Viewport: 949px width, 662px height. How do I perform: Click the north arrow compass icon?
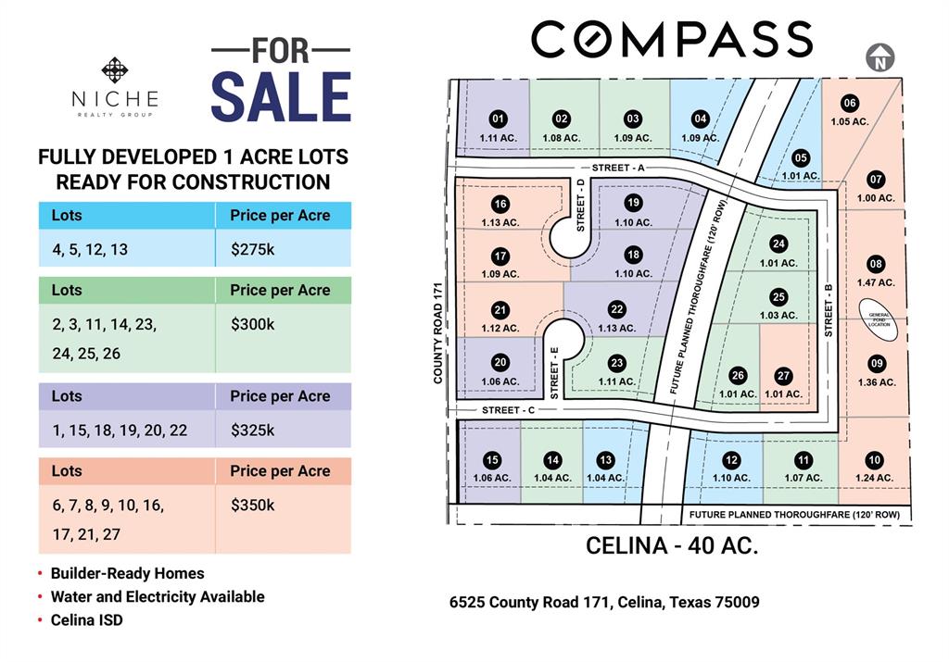879,57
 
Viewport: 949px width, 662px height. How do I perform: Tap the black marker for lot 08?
876,265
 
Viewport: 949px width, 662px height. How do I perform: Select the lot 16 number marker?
500,205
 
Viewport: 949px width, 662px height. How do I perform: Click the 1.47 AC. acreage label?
876,282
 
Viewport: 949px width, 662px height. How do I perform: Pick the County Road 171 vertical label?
441,333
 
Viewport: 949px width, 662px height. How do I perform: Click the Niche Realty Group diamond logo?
115,71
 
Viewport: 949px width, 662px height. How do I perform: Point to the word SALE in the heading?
281,96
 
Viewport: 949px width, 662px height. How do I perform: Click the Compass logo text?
671,40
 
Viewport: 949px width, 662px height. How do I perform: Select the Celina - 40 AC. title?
672,545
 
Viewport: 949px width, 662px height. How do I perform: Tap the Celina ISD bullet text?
86,620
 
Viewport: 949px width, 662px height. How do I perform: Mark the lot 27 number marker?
784,376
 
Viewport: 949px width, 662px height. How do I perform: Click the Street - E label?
554,373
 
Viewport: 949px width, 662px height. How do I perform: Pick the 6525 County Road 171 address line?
604,603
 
